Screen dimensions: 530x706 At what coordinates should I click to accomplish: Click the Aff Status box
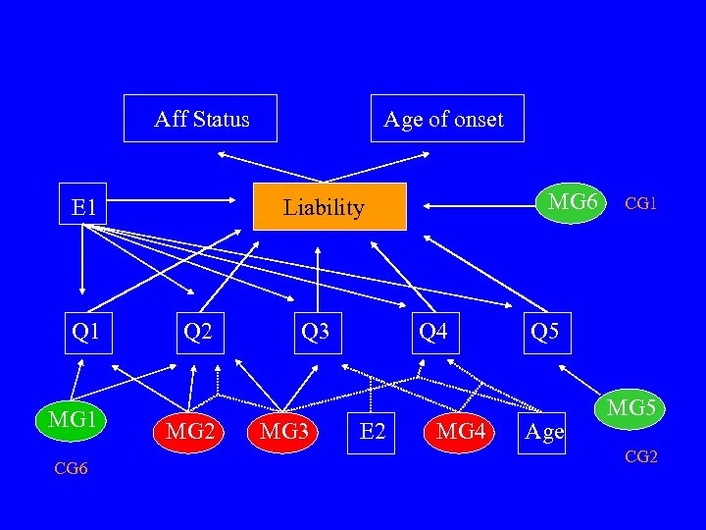point(201,119)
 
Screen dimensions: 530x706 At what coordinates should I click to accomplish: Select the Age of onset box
point(447,119)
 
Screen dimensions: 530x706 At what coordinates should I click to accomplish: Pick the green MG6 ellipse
point(573,202)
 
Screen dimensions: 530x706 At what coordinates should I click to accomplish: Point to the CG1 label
point(641,204)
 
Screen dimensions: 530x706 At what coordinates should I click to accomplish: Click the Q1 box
point(86,331)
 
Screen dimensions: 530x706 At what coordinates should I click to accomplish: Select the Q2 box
point(198,331)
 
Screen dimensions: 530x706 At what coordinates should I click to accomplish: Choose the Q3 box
point(316,331)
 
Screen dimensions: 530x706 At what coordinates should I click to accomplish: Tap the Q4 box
point(432,331)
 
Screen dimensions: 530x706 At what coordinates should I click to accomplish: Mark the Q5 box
point(544,331)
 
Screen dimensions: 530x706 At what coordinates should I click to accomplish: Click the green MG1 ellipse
point(71,420)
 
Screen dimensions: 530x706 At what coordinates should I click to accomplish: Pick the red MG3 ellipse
point(284,430)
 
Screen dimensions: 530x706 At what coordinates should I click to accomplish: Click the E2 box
point(373,430)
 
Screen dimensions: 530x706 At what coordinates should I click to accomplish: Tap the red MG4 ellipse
point(460,430)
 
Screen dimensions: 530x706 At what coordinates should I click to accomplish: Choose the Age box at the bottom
point(544,430)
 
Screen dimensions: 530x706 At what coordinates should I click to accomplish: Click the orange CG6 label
point(71,469)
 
